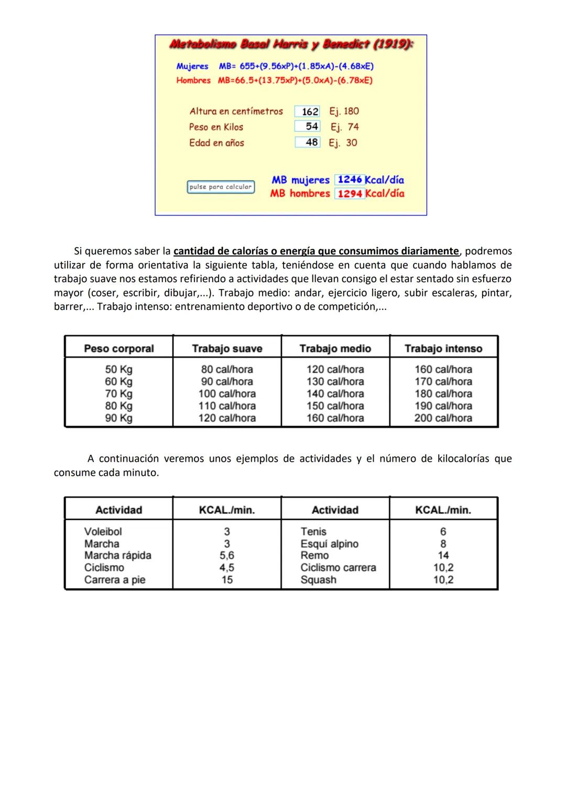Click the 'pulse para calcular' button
(x=221, y=187)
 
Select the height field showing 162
(x=308, y=112)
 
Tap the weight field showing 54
(x=308, y=126)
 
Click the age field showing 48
(x=308, y=142)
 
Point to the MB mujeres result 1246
(x=350, y=180)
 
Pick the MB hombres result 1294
(x=350, y=194)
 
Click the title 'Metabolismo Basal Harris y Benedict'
(x=291, y=45)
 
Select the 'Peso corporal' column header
(x=119, y=349)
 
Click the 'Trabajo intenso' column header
(x=443, y=349)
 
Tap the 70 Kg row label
(x=119, y=394)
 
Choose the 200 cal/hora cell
(x=443, y=418)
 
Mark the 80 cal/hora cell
(x=227, y=369)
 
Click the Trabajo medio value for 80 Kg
(x=335, y=406)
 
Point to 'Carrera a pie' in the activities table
(x=115, y=580)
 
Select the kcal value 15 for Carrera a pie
(x=227, y=580)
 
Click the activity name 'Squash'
(x=318, y=580)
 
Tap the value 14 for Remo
(x=443, y=556)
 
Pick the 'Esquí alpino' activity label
(x=329, y=544)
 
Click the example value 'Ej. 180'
(x=344, y=111)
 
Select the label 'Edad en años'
(x=216, y=143)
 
